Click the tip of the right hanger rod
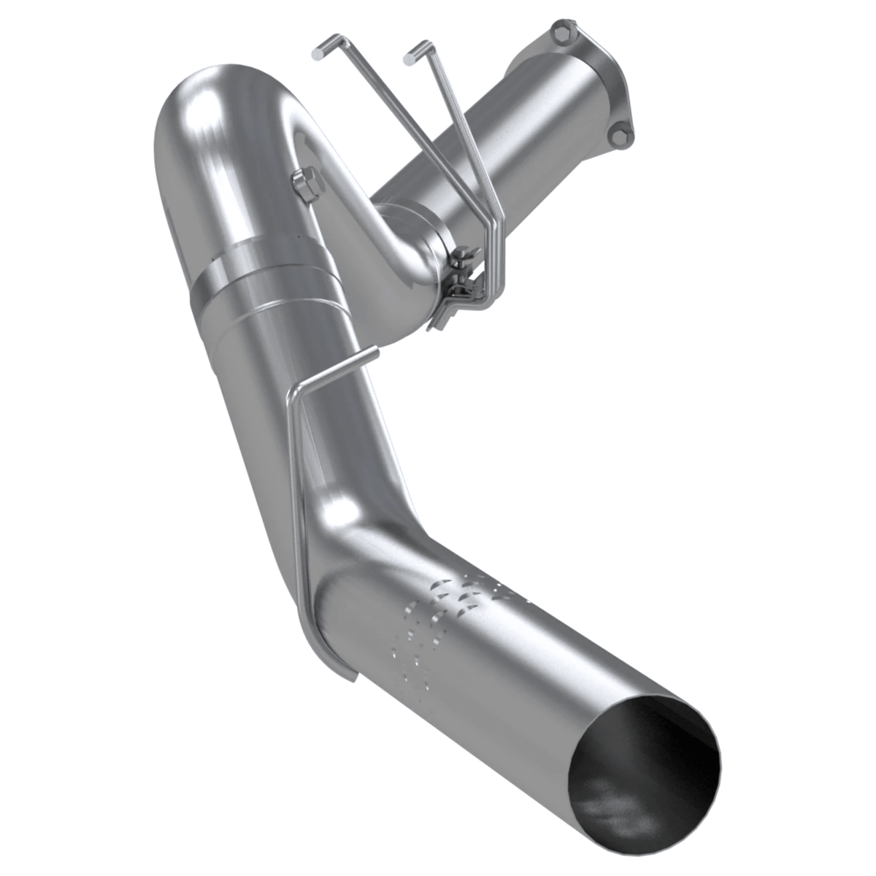(411, 52)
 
